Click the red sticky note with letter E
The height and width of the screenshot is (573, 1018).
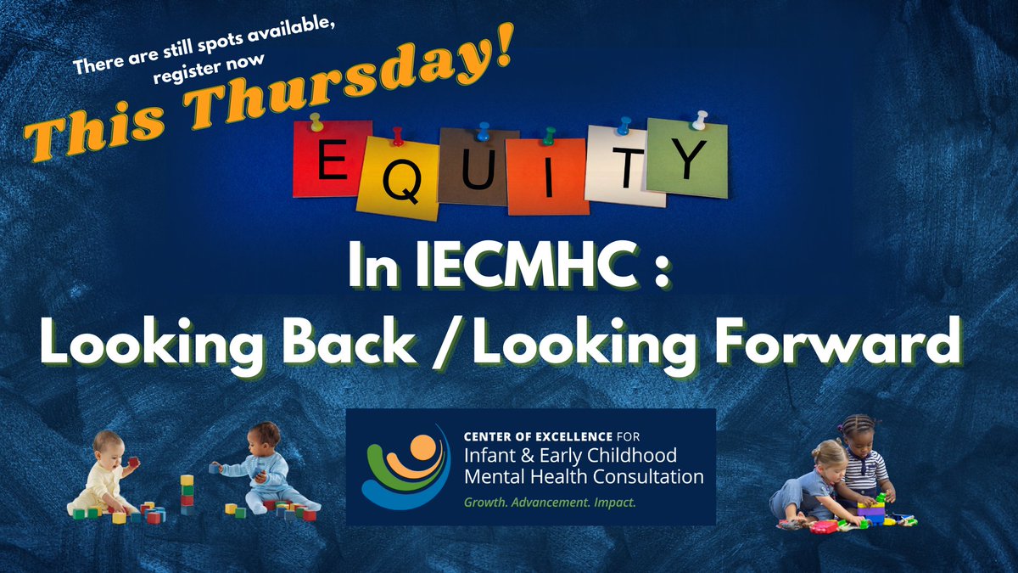(332, 159)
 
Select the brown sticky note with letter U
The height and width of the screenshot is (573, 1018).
(467, 166)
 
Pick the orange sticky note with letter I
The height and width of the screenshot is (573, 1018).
(547, 177)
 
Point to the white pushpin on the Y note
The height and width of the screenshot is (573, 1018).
(701, 119)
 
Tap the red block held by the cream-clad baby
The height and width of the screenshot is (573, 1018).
(134, 462)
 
